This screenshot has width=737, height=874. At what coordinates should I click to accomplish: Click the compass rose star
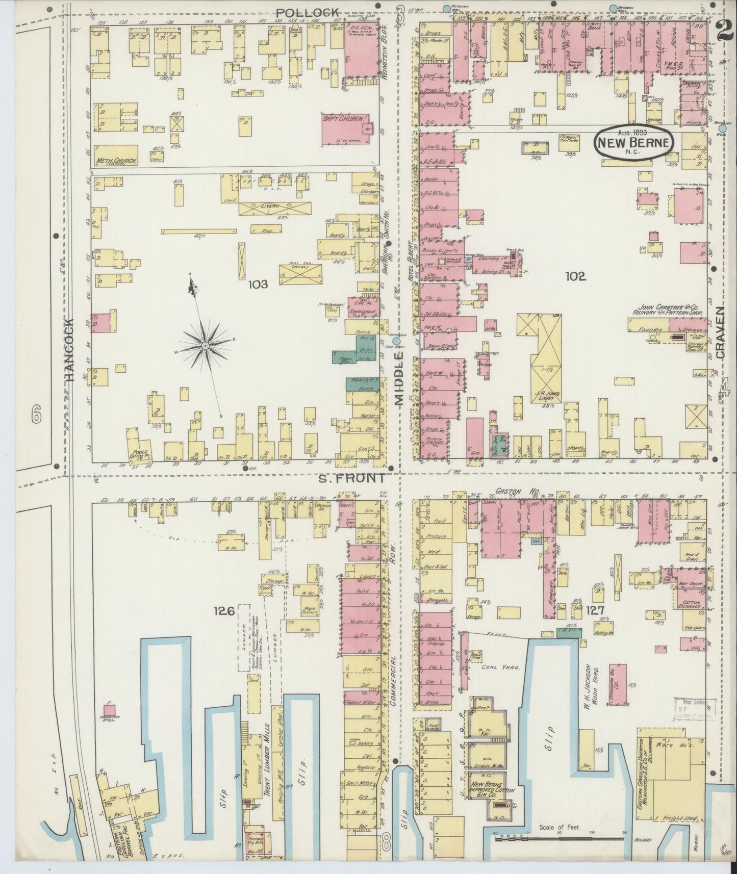[205, 345]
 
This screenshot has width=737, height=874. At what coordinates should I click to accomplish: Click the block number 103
[258, 285]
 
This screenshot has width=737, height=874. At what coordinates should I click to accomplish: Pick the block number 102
[576, 276]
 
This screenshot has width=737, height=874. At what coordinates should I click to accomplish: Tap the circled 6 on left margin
[35, 416]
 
